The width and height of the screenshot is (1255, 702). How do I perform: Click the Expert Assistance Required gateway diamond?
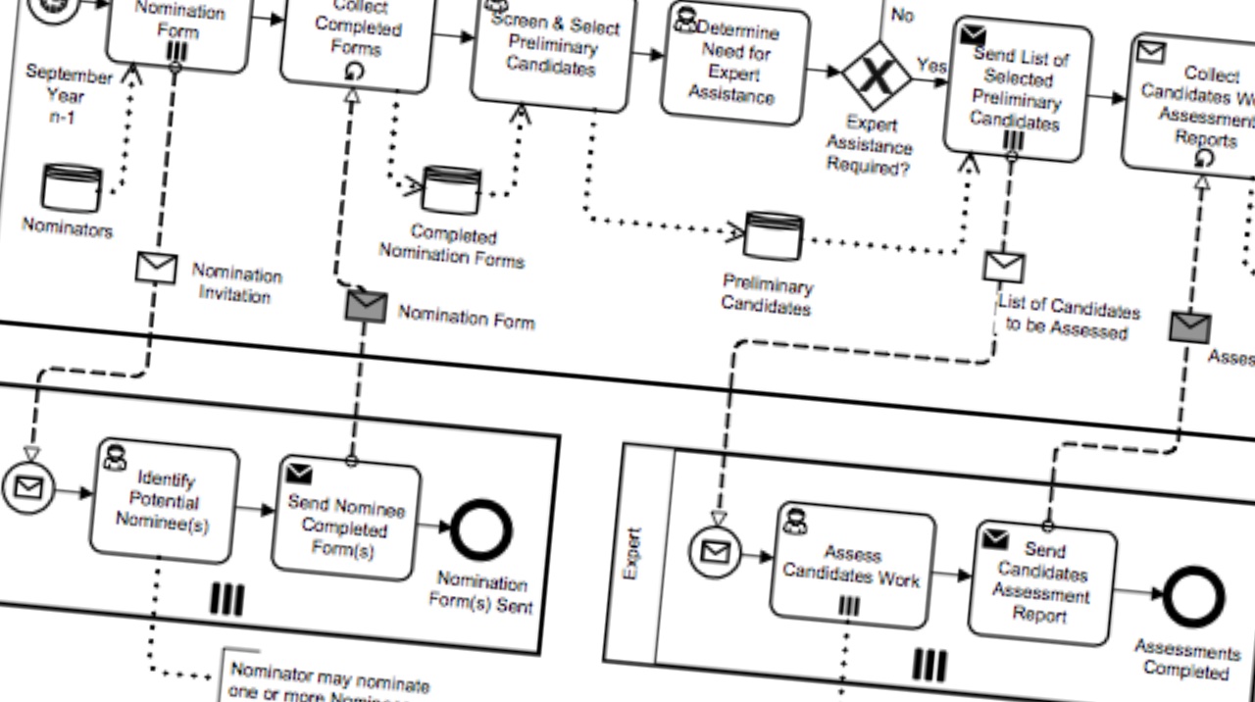click(x=877, y=75)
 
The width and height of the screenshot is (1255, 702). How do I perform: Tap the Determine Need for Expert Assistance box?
click(x=734, y=64)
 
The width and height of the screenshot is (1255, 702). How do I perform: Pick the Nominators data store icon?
click(x=72, y=188)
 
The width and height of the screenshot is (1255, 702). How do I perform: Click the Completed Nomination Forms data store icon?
click(x=451, y=191)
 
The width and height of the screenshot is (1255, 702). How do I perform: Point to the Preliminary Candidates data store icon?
click(x=774, y=236)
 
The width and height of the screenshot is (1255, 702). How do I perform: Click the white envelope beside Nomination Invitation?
click(x=156, y=268)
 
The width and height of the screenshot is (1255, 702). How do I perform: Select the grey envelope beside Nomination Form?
click(x=366, y=307)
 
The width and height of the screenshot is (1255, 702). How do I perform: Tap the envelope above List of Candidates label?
click(x=1004, y=266)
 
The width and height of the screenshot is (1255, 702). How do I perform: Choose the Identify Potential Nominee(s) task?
click(x=164, y=502)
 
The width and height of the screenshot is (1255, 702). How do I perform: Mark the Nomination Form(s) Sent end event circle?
click(x=480, y=530)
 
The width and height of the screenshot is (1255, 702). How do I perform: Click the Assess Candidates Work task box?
click(x=851, y=566)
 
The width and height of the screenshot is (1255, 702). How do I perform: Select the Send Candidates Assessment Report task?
click(x=1042, y=582)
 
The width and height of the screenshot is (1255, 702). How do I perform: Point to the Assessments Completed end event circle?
click(x=1192, y=597)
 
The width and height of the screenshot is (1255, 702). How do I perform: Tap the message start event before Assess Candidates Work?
click(x=716, y=552)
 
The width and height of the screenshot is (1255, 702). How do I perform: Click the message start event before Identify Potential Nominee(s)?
click(x=27, y=486)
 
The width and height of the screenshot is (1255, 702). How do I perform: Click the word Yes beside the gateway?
click(x=930, y=66)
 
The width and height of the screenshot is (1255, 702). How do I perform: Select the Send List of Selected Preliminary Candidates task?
click(x=1017, y=88)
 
